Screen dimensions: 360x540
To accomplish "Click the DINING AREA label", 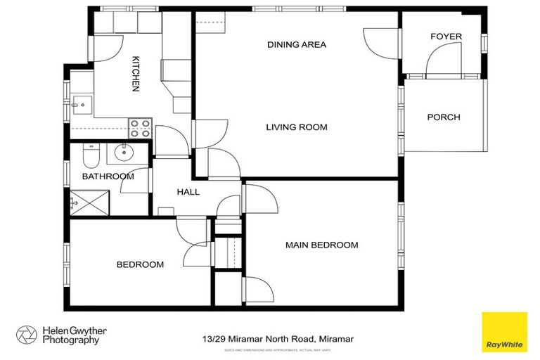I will pos(297,45).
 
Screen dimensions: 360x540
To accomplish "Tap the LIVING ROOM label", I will pos(297,127).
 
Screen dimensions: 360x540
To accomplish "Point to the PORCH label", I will pos(444,117).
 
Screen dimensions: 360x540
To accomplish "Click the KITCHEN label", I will pos(135,74).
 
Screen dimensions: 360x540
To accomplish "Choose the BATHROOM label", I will pos(108,176).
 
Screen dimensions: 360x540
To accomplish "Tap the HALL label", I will pos(188,192).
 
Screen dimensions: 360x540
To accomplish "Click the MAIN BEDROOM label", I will pos(321,245).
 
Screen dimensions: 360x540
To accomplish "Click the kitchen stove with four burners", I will pos(140,129).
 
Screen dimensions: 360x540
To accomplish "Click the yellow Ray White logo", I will pos(503,331).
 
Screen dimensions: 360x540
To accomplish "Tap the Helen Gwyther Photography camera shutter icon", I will pos(27,335).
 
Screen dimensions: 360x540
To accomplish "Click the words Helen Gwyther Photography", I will pos(70,335).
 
